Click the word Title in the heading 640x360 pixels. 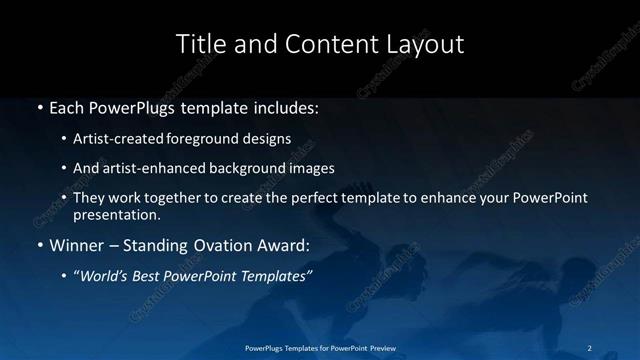coord(197,44)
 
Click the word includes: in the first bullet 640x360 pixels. coord(282,106)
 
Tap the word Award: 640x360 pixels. coord(285,245)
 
